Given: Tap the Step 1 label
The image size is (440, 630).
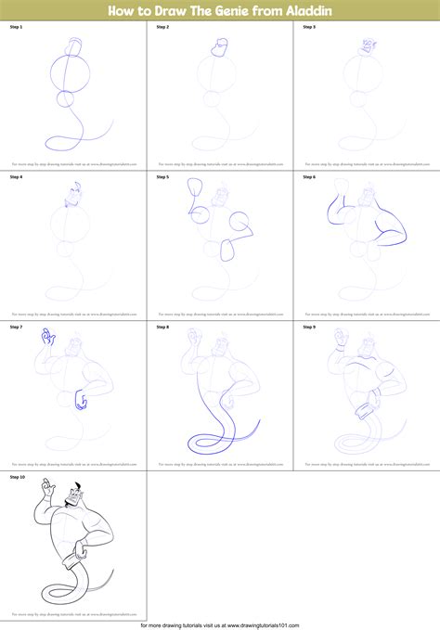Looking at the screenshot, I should click(16, 28).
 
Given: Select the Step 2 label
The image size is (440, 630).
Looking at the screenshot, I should click(162, 28).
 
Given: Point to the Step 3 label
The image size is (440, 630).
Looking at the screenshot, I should click(308, 28).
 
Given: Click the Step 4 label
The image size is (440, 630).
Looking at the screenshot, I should click(16, 176).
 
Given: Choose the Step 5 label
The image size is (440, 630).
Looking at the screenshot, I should click(162, 176).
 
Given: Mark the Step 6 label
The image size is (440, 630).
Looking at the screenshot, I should click(308, 176).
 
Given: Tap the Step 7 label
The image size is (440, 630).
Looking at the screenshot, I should click(16, 327).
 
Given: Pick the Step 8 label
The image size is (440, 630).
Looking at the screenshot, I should click(162, 327).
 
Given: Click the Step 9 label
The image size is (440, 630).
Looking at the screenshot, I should click(308, 327).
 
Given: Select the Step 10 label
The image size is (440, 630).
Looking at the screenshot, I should click(18, 476).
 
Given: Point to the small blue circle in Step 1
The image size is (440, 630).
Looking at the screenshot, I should click(67, 99).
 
